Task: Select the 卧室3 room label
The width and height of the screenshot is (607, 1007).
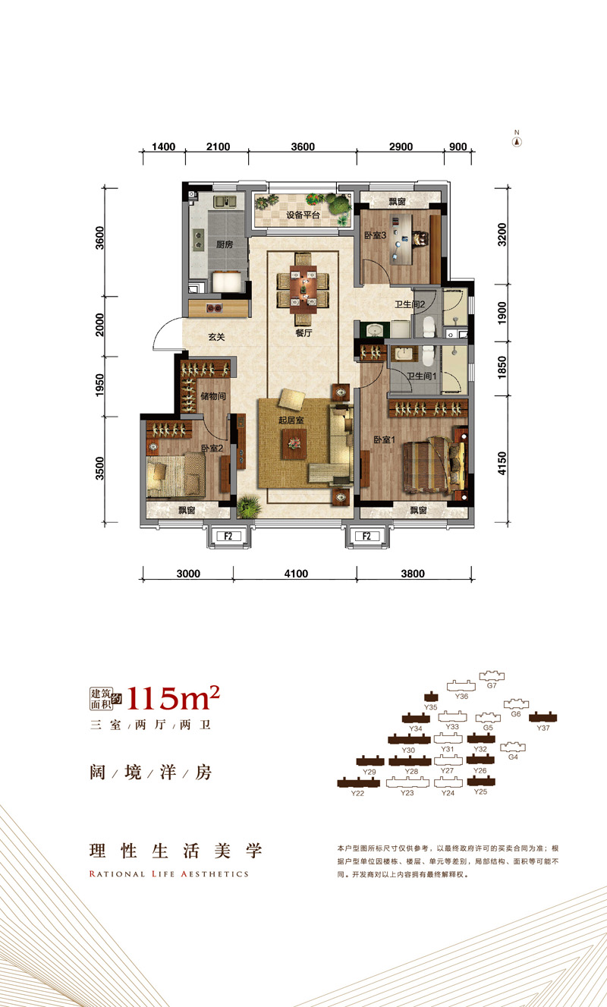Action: click(376, 236)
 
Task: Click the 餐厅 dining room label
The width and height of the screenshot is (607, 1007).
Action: click(305, 332)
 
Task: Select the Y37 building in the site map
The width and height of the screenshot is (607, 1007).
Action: click(543, 716)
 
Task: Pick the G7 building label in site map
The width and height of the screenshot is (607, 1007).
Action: click(492, 685)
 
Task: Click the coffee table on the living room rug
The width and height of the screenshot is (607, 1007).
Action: click(293, 442)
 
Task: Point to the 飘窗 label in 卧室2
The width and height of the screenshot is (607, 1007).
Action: click(187, 511)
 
